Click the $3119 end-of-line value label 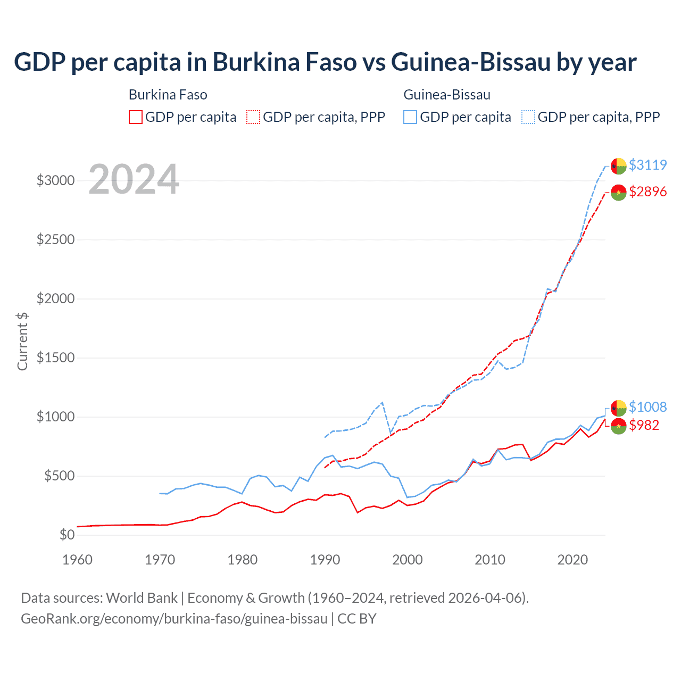click(x=647, y=165)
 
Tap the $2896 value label click(x=647, y=192)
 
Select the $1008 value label click(x=647, y=407)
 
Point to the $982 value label click(x=644, y=425)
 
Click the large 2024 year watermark click(x=134, y=179)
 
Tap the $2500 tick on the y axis click(x=55, y=239)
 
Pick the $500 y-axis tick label click(x=59, y=476)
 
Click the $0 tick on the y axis click(x=67, y=535)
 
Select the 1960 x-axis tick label click(x=78, y=560)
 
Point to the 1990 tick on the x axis click(x=325, y=560)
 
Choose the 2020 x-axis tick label click(x=572, y=560)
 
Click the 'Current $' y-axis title click(x=22, y=342)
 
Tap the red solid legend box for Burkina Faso click(x=136, y=117)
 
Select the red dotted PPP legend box click(x=253, y=117)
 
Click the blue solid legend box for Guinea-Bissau click(x=410, y=117)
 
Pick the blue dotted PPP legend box click(x=528, y=117)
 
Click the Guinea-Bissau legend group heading click(x=447, y=95)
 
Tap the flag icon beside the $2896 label click(x=618, y=192)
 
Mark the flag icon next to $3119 click(x=618, y=165)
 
